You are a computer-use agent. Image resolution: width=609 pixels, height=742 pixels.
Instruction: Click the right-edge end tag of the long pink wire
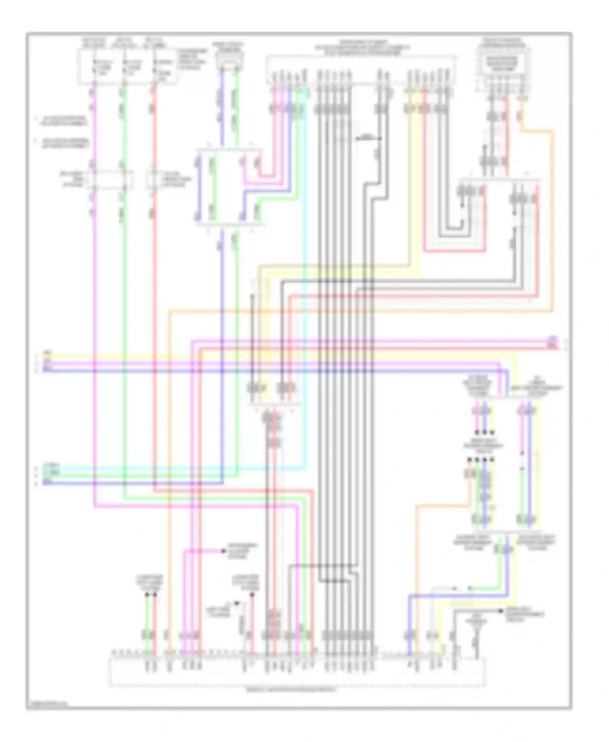(x=552, y=338)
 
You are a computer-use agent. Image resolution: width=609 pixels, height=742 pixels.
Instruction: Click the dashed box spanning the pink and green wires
(x=108, y=179)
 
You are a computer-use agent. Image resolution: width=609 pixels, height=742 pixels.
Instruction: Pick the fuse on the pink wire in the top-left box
(x=94, y=67)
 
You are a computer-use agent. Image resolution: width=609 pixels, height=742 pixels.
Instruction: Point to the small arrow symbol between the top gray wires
(x=367, y=139)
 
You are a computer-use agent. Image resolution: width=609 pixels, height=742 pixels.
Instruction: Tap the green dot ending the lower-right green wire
(x=470, y=588)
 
